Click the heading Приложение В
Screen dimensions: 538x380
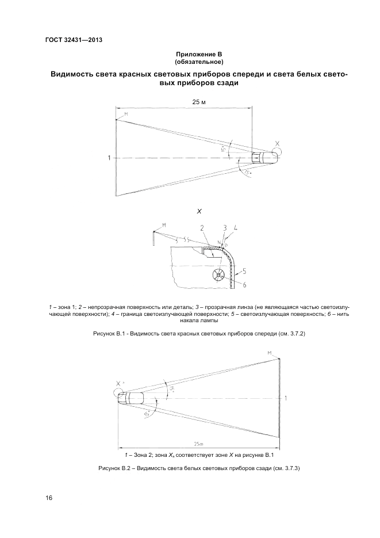point(199,54)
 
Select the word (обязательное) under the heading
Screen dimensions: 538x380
point(199,62)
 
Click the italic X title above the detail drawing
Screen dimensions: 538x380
point(199,212)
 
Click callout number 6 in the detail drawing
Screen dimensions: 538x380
point(244,285)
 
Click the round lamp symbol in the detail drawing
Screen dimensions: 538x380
point(218,276)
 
